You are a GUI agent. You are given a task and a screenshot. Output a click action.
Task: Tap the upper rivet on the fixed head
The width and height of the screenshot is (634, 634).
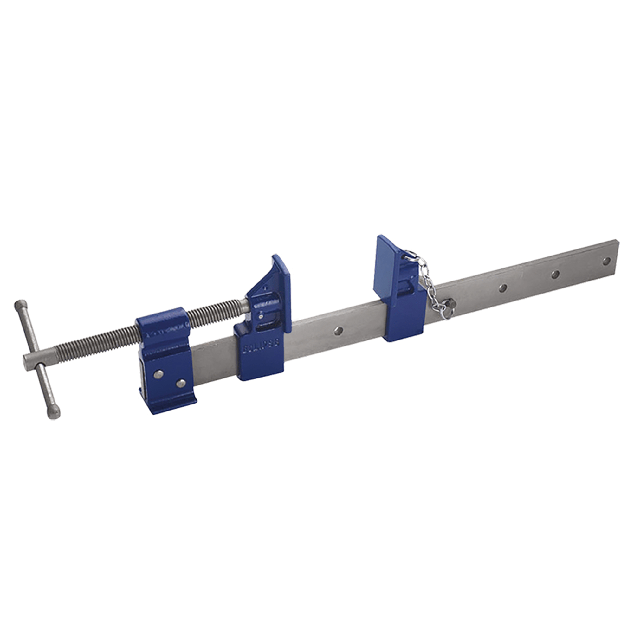[x=158, y=373]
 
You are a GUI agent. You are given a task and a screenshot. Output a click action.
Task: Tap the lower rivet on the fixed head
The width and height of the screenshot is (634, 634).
[x=180, y=383]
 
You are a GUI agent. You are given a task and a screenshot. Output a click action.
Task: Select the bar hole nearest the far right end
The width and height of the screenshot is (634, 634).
[x=606, y=261]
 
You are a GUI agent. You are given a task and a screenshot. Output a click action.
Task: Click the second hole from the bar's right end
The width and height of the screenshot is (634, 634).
[x=555, y=274]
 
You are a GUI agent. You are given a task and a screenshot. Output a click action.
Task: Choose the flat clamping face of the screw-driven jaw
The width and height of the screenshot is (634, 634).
[x=282, y=289]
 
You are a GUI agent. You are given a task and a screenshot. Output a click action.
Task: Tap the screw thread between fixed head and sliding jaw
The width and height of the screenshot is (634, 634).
[x=213, y=312]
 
